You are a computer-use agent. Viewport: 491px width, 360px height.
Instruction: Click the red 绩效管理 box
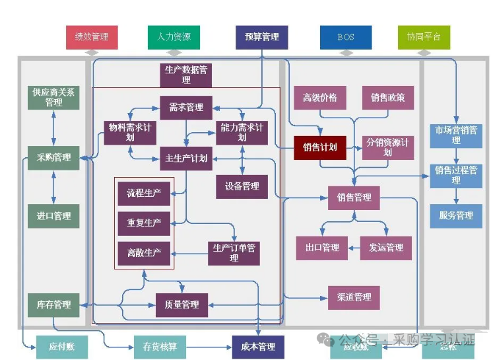click(x=92, y=37)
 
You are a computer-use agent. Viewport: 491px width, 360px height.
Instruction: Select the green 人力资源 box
click(x=174, y=37)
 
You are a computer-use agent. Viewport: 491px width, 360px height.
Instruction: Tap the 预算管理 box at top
click(x=261, y=37)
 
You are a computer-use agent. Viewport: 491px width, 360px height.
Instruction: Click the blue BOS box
click(x=346, y=37)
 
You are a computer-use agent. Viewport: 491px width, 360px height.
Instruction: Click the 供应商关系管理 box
click(x=54, y=98)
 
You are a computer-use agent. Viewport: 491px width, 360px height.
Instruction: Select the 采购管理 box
click(x=54, y=158)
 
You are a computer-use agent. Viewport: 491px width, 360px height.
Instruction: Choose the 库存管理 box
click(x=54, y=305)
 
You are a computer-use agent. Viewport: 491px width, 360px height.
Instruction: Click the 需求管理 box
click(x=186, y=108)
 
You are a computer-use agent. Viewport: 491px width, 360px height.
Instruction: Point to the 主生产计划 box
click(x=186, y=159)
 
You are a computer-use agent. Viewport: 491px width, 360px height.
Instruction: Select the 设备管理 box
click(x=242, y=187)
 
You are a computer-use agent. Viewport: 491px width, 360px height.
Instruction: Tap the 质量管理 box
click(x=181, y=305)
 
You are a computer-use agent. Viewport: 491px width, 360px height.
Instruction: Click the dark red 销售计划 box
click(x=320, y=147)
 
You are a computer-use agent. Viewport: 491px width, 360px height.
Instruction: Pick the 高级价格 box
click(x=320, y=98)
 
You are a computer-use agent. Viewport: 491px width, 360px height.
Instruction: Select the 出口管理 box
click(x=322, y=248)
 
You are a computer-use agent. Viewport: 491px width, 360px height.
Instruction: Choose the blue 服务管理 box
click(x=456, y=215)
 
